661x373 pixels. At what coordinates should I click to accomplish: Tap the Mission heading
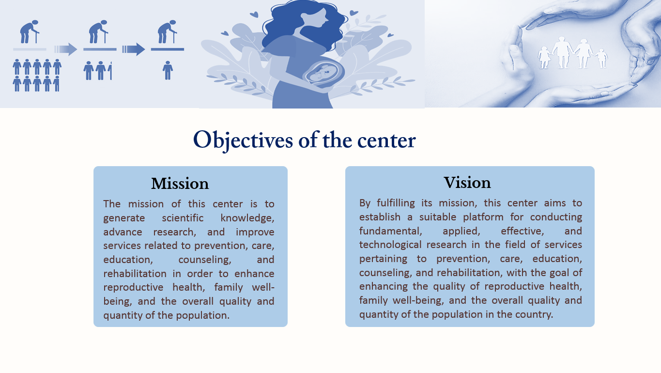click(x=180, y=184)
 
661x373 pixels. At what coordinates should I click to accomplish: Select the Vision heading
click(x=467, y=183)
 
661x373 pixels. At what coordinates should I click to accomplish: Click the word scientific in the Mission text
click(x=183, y=218)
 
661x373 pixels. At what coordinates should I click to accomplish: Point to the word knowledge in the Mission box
click(x=247, y=218)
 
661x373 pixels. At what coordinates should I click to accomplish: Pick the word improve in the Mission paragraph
click(x=255, y=232)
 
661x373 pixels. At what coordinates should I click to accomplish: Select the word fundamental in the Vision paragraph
click(x=391, y=231)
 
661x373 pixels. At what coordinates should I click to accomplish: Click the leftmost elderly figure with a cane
click(x=29, y=31)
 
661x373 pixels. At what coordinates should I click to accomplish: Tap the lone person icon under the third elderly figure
click(x=168, y=70)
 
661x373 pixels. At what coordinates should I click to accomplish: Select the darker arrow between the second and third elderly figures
click(x=133, y=49)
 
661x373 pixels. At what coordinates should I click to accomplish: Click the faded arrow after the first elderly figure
click(x=65, y=49)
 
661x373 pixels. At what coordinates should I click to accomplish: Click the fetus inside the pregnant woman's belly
click(x=323, y=73)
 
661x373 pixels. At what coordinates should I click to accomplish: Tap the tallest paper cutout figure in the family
click(x=563, y=53)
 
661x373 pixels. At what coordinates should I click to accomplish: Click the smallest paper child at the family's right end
click(x=601, y=59)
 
